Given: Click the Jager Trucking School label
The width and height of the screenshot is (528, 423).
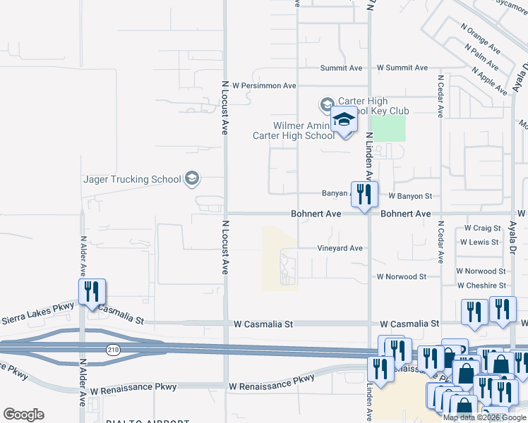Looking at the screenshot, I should click(x=132, y=179).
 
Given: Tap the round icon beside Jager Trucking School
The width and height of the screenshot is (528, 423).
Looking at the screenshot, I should click(x=192, y=178).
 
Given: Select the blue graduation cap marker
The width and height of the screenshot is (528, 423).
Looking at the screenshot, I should click(x=344, y=121).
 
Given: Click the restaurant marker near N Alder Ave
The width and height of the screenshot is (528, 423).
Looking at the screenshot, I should click(x=92, y=292).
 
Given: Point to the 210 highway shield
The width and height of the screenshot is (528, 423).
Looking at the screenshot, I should click(x=112, y=350).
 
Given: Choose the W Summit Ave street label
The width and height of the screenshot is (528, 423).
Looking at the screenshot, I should click(x=402, y=68).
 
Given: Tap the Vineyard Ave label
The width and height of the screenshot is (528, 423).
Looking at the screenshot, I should click(x=340, y=248).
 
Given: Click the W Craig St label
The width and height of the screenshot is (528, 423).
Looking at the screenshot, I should click(x=482, y=228).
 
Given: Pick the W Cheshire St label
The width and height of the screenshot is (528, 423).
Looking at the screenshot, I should click(x=481, y=286).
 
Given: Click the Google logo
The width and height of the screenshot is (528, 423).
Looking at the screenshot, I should click(x=23, y=415).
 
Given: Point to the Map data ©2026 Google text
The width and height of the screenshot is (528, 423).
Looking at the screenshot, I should click(x=484, y=417).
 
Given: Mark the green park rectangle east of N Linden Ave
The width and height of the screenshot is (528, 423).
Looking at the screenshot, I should click(x=388, y=128).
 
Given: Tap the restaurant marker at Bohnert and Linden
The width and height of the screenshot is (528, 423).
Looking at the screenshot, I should click(x=364, y=195).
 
